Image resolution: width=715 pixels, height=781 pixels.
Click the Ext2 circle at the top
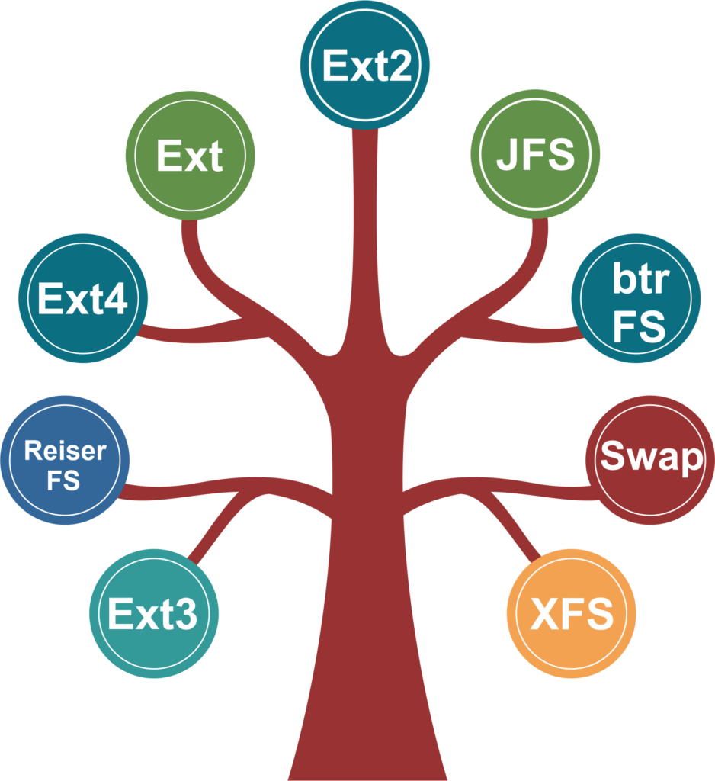click(365, 65)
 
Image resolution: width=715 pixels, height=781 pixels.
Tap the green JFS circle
click(535, 154)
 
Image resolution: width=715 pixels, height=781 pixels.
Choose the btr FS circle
click(636, 298)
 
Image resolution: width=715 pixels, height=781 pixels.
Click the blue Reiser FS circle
click(65, 460)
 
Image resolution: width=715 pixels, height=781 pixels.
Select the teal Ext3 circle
click(154, 613)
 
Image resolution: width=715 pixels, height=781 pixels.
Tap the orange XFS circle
click(571, 613)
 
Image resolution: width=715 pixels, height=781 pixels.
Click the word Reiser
click(65, 451)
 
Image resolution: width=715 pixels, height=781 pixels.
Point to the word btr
click(640, 281)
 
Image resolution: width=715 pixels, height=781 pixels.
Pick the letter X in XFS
click(546, 614)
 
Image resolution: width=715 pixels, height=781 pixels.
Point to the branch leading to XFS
click(519, 526)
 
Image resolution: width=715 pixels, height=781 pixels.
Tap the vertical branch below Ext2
click(365, 229)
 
